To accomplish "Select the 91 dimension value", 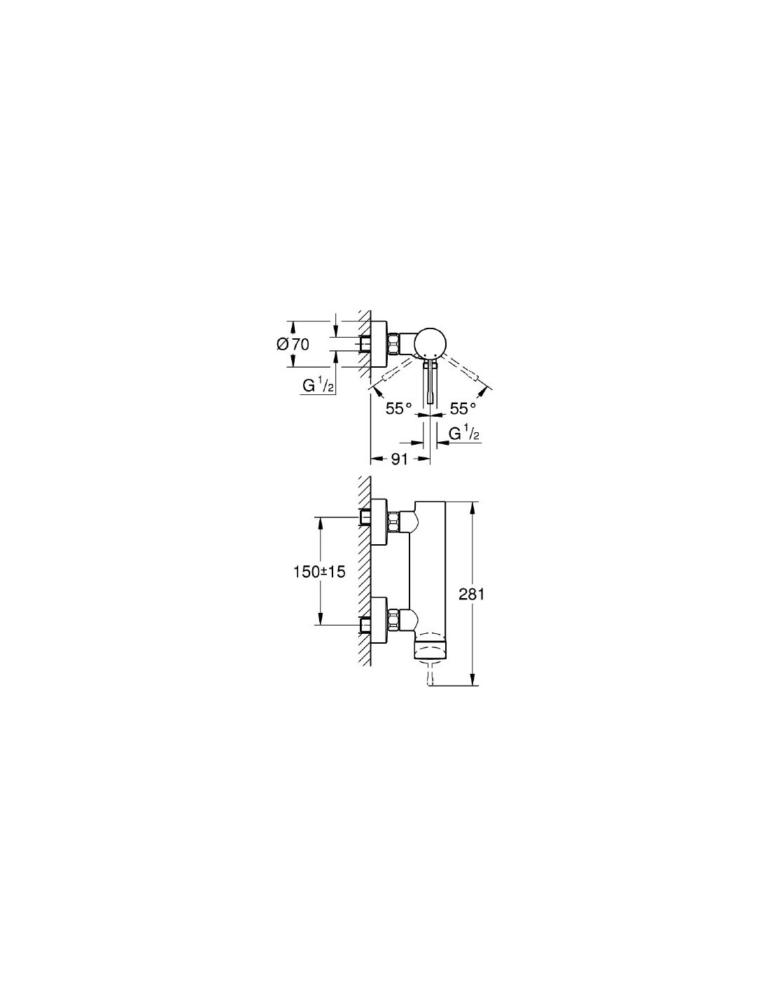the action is (x=400, y=459).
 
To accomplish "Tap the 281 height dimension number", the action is (x=471, y=594).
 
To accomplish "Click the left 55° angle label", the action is (x=399, y=408).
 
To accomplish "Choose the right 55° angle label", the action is (x=462, y=408).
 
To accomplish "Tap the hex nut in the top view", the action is (x=395, y=344).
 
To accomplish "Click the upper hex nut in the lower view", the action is (x=395, y=521).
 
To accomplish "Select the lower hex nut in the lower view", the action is (x=395, y=618).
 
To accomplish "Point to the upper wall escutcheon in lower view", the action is (x=379, y=521).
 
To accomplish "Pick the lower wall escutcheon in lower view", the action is (x=379, y=618).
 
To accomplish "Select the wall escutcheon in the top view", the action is (x=379, y=344).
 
